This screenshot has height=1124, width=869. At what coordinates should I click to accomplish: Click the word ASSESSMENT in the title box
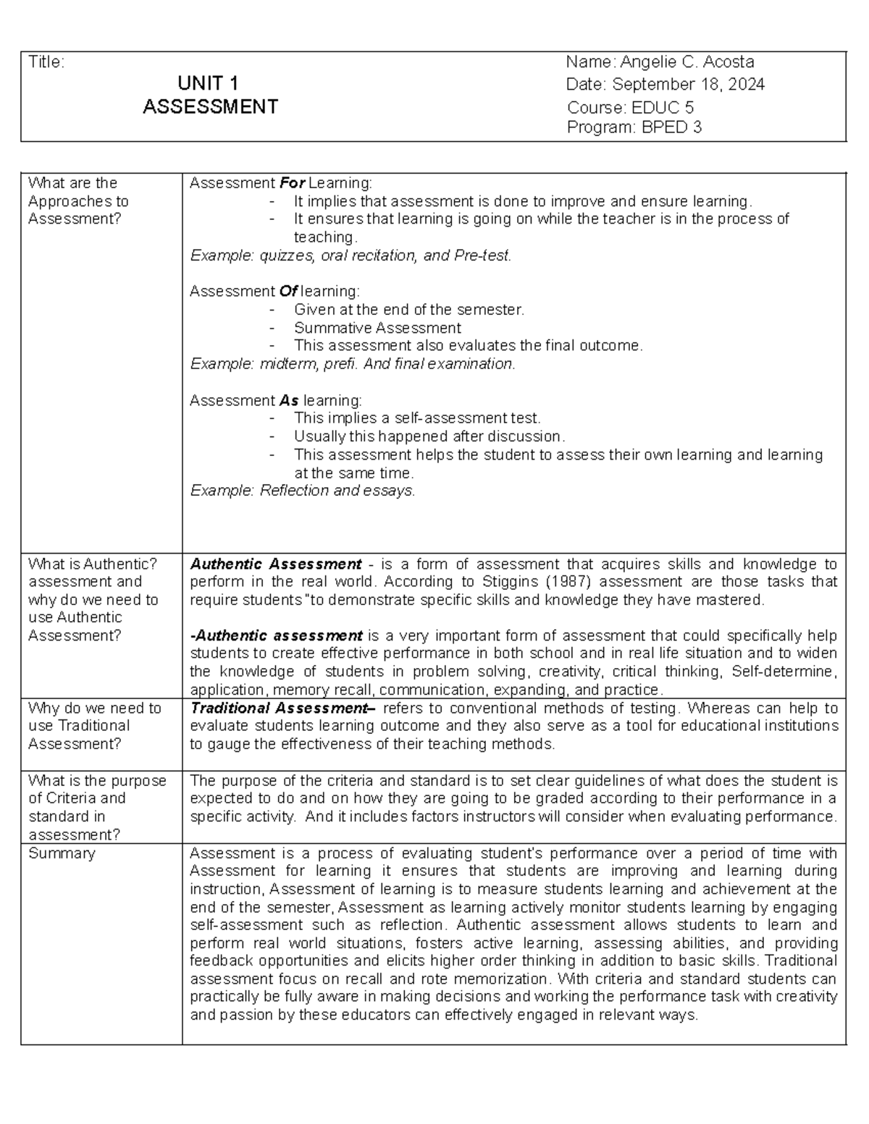tap(210, 107)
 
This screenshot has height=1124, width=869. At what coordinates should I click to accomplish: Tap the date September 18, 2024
tap(688, 85)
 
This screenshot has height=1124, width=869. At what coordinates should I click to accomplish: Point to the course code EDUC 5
tap(662, 108)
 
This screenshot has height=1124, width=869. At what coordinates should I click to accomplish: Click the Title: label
tap(46, 62)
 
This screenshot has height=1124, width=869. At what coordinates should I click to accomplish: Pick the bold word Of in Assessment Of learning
tap(287, 292)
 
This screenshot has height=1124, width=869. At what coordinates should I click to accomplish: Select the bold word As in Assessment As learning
tap(289, 400)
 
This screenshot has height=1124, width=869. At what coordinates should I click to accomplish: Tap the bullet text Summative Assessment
tap(377, 328)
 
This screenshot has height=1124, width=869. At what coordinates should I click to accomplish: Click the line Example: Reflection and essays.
tap(303, 491)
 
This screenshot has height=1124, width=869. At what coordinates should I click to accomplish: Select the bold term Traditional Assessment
tap(282, 709)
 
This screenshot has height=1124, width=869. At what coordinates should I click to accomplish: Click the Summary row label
tap(62, 853)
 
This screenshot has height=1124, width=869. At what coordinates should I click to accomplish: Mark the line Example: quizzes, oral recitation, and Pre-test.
tap(350, 255)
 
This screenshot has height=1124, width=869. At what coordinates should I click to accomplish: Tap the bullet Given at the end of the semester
tap(408, 310)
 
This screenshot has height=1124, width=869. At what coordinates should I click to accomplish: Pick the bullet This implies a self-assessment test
tap(417, 418)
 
